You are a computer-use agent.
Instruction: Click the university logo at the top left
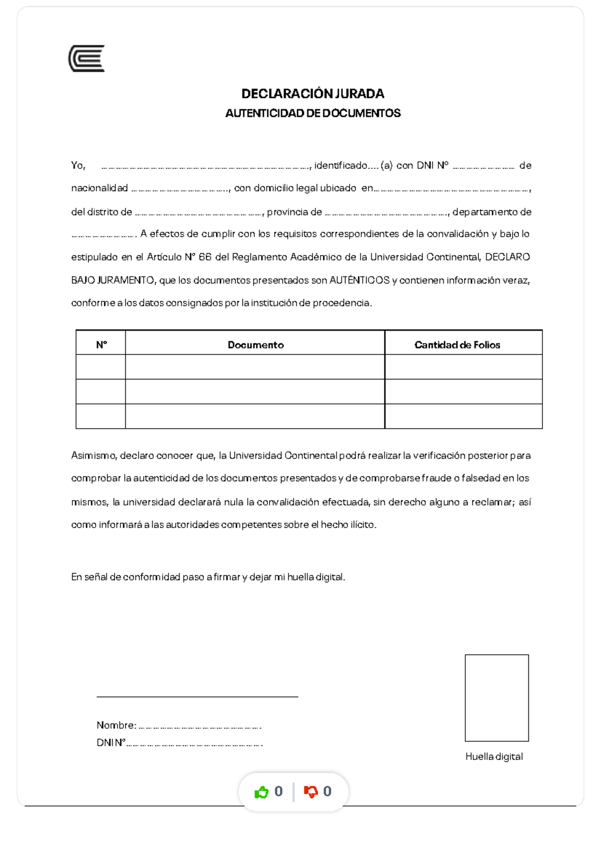[87, 59]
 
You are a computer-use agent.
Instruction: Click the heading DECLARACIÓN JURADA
[313, 94]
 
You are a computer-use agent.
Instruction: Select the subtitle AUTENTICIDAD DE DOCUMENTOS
[313, 113]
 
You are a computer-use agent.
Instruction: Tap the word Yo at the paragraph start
[78, 165]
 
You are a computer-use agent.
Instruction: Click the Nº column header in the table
[101, 344]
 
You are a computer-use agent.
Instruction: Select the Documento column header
[255, 344]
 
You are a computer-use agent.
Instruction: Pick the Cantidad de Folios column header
[457, 344]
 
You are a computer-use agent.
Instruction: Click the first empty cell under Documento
[255, 367]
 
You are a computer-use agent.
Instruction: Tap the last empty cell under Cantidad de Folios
[463, 416]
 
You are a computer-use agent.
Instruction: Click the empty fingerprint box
[496, 697]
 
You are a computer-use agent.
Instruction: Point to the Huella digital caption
[494, 756]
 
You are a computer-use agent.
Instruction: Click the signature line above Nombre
[197, 696]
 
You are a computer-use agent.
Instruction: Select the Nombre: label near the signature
[116, 725]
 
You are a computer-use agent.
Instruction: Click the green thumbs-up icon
[261, 791]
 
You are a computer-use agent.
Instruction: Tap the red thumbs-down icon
[311, 791]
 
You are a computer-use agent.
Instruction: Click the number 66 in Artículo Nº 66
[205, 257]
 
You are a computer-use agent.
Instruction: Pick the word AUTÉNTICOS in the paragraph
[359, 280]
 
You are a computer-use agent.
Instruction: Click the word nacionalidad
[100, 188]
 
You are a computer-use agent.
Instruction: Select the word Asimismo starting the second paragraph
[94, 456]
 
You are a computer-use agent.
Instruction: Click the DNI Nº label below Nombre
[111, 742]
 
